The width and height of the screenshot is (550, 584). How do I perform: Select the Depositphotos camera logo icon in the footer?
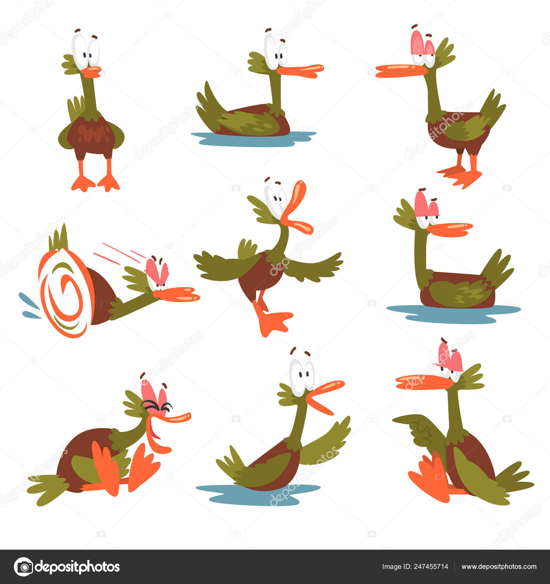23,567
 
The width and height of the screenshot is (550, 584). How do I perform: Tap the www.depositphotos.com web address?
499,567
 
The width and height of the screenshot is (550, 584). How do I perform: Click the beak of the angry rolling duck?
177,295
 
